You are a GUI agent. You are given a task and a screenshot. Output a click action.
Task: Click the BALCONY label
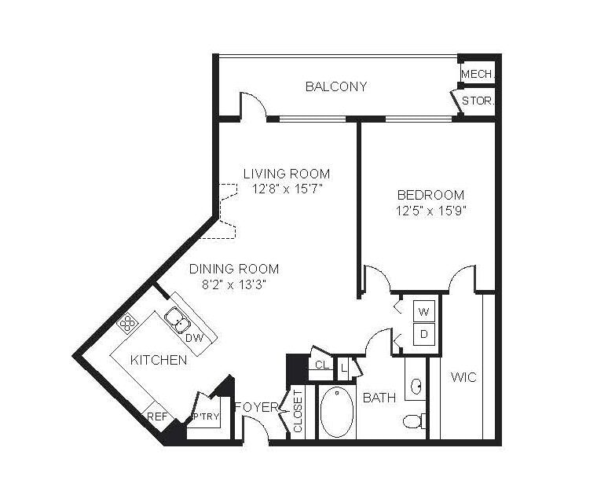(x=336, y=86)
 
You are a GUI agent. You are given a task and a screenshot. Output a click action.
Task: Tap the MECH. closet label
(x=478, y=74)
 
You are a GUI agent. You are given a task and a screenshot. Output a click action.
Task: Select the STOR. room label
(x=478, y=101)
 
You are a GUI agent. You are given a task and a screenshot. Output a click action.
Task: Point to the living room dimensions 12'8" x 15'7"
(x=287, y=189)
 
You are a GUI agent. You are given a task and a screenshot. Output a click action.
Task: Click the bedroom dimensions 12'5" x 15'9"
(x=430, y=211)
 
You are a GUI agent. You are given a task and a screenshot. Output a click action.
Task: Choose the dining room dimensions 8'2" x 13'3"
(x=234, y=285)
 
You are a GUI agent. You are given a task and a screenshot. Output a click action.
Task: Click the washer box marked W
(x=424, y=311)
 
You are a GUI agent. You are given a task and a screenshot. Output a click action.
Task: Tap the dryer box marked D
(x=424, y=334)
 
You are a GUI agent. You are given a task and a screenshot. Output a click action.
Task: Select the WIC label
(x=463, y=377)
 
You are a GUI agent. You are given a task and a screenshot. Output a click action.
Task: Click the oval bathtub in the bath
(x=337, y=412)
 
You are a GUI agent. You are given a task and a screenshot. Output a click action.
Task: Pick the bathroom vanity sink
(x=416, y=386)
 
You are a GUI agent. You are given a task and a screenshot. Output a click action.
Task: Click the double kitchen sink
(x=178, y=321)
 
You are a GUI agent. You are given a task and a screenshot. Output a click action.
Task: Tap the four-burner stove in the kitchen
(x=128, y=323)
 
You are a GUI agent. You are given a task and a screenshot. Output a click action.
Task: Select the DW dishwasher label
(x=194, y=338)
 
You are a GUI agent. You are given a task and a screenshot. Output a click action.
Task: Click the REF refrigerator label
(x=157, y=417)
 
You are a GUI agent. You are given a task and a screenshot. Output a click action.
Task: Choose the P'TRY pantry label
(x=207, y=417)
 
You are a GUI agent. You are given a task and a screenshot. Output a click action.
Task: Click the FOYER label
(x=257, y=407)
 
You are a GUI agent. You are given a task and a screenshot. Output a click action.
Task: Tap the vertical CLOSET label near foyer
(x=298, y=411)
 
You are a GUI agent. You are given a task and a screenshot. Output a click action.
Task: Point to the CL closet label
(x=322, y=365)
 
